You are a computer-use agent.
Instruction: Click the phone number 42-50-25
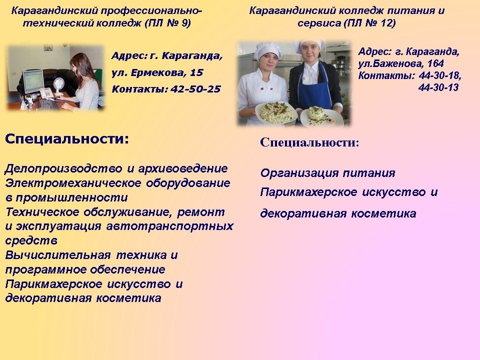(195, 89)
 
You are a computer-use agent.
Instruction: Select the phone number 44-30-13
(438, 87)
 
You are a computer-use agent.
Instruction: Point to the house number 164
(435, 63)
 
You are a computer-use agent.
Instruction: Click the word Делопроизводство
(63, 168)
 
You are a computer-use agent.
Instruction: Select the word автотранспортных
(170, 226)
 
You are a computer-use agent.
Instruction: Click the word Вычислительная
(58, 255)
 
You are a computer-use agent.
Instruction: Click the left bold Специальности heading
(67, 139)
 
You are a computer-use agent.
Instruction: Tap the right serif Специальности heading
(309, 142)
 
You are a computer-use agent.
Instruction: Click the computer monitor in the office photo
(33, 81)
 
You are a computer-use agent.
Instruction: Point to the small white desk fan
(59, 86)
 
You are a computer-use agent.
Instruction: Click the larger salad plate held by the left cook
(276, 112)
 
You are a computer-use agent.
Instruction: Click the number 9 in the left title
(185, 23)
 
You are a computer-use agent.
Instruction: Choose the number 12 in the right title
(385, 23)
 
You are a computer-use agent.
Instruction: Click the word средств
(31, 241)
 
